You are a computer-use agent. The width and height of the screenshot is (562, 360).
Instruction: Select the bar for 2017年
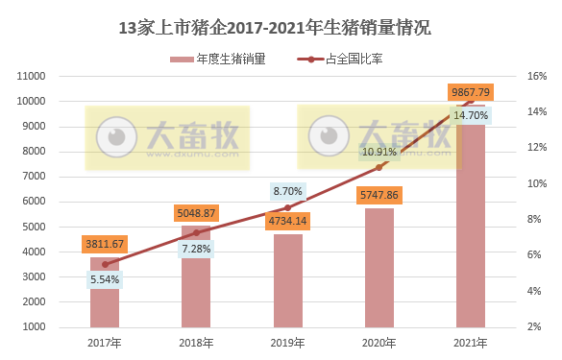click(x=105, y=307)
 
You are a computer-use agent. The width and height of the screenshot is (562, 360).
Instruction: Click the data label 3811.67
click(x=105, y=244)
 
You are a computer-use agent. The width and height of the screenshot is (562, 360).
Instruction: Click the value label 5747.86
click(x=379, y=195)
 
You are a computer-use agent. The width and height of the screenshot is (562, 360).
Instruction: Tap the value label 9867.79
click(x=470, y=92)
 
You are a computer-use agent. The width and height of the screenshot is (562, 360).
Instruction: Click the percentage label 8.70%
click(x=287, y=191)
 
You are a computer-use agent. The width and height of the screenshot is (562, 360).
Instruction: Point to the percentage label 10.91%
click(x=379, y=152)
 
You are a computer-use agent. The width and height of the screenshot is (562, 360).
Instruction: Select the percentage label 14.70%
click(x=471, y=115)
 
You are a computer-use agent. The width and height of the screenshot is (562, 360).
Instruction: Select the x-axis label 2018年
click(x=196, y=342)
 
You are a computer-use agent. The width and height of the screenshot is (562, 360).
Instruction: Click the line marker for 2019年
click(x=287, y=207)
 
